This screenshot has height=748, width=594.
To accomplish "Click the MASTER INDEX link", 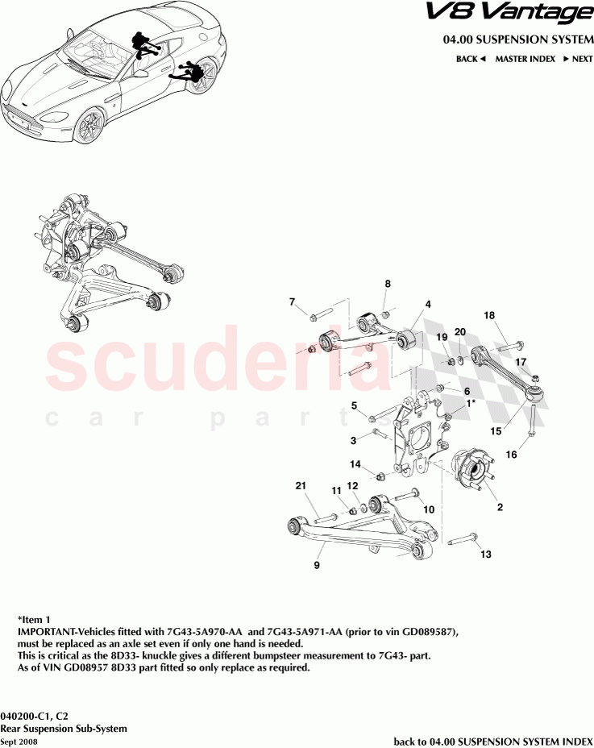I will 525,59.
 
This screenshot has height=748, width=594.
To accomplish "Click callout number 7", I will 293,302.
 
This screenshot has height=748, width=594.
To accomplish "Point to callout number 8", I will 387,284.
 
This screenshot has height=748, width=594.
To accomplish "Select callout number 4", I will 428,304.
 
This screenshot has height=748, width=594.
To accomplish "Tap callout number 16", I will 511,455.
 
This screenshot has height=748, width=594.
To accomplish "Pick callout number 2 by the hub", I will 500,508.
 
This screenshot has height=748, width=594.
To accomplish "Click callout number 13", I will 484,555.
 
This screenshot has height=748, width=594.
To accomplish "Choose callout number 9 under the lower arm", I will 317,566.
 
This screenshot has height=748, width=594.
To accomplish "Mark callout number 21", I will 301,485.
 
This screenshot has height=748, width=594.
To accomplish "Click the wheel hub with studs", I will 466,471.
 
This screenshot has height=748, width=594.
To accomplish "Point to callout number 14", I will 355,464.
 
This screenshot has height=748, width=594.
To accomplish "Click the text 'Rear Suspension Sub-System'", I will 64,728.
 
